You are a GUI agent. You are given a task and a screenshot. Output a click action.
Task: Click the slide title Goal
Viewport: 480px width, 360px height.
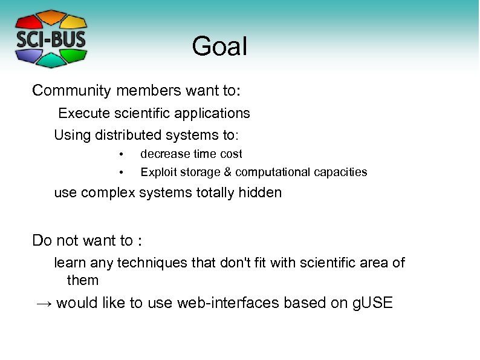tap(219, 47)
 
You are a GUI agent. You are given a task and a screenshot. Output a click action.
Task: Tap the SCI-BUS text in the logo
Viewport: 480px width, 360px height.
tap(51, 39)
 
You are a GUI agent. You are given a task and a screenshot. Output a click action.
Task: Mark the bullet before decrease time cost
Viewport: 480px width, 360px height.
tap(121, 154)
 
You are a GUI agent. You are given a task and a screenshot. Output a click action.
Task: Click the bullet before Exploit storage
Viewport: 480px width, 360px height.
tap(121, 172)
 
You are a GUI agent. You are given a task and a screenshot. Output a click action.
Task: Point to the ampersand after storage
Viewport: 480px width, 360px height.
tap(228, 172)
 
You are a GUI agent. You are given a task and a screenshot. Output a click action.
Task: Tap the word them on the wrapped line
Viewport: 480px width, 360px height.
tap(82, 280)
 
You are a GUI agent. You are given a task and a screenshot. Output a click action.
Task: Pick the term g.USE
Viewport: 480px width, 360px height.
tap(372, 303)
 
